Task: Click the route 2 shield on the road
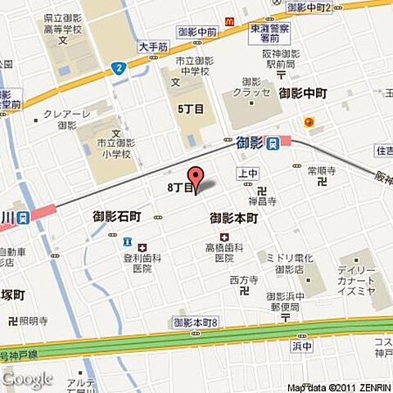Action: (x=120, y=68)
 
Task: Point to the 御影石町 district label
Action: (x=117, y=217)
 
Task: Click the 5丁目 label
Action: (x=189, y=106)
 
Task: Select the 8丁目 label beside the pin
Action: (x=178, y=187)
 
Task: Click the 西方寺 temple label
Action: (x=244, y=280)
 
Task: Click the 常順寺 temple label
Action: (x=321, y=171)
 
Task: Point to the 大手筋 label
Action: (x=152, y=47)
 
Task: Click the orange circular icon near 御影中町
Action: (x=309, y=124)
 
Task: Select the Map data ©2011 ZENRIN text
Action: (x=338, y=387)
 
